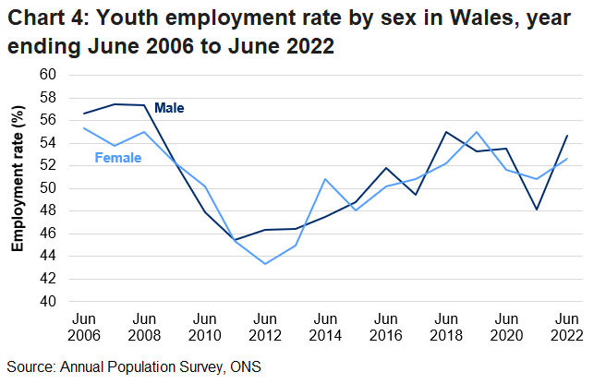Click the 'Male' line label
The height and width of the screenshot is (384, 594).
(x=169, y=108)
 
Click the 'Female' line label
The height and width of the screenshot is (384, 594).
(x=118, y=158)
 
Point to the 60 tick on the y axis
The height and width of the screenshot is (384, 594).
(x=48, y=75)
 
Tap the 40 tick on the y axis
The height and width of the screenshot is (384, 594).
(x=48, y=302)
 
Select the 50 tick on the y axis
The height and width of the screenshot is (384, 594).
(x=48, y=188)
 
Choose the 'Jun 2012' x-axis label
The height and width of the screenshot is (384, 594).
(x=265, y=326)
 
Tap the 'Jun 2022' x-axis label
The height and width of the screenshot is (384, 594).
(x=565, y=326)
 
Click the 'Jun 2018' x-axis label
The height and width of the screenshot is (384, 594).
(x=445, y=326)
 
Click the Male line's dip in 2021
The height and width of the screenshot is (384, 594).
(x=537, y=210)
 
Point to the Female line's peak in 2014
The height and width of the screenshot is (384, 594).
(x=325, y=179)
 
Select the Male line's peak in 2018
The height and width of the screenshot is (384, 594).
(x=446, y=132)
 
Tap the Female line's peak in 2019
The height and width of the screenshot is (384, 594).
(x=476, y=132)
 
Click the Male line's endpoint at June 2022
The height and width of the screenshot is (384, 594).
(x=566, y=136)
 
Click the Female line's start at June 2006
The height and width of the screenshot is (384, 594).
(x=84, y=128)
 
